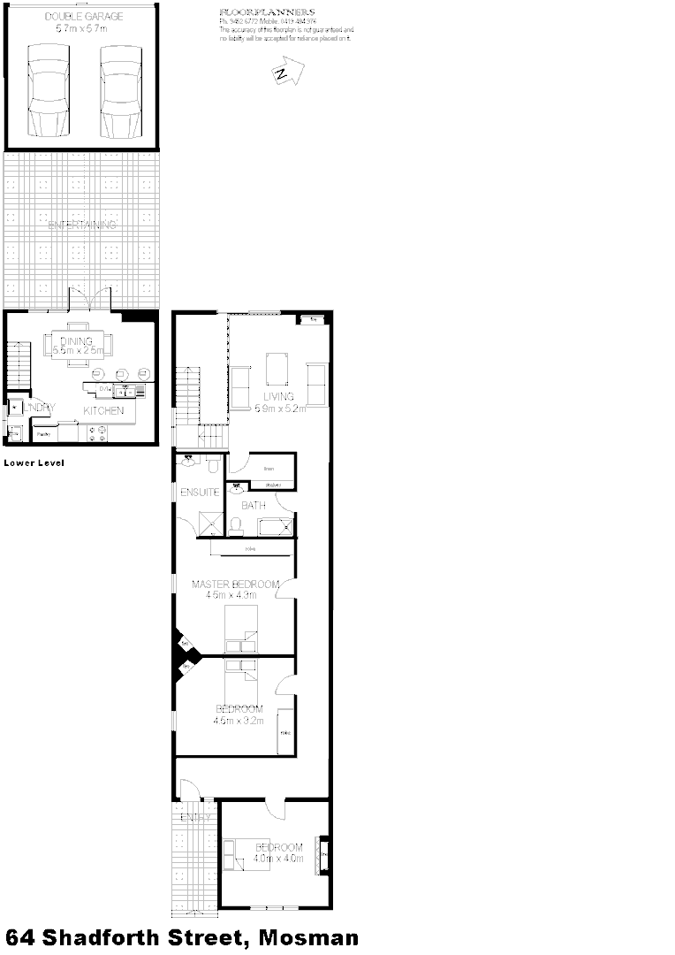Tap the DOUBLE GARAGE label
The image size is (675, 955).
83,16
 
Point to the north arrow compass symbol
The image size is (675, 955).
285,73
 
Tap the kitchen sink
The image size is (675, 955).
131,388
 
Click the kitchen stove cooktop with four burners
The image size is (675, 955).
96,433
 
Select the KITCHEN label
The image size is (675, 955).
105,411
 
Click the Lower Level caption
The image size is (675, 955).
34,462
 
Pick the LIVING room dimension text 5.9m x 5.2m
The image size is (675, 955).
280,409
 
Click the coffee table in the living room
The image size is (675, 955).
277,366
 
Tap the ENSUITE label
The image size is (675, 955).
199,492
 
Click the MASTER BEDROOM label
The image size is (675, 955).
236,584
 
